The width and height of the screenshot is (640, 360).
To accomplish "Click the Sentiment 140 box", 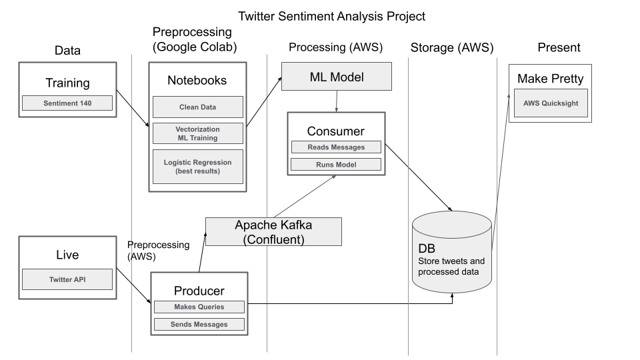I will pos(67,103).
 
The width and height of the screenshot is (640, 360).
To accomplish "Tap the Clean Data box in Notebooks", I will pos(197,107).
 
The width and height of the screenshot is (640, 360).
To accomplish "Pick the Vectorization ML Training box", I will pos(197,133).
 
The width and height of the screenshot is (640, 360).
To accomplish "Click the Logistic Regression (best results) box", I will pos(197,167).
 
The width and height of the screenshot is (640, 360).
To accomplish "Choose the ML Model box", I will pos(336,77).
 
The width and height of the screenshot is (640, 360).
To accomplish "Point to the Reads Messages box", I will pos(336,147).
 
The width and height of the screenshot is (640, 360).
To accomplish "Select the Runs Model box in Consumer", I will pos(336,165).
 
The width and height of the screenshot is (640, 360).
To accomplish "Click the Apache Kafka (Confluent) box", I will pos(273,231).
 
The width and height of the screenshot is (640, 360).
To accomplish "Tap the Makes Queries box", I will pos(199,307).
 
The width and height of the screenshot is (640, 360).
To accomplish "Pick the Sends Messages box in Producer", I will pos(199,325).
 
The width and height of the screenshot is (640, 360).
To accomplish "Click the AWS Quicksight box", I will pos(551,103).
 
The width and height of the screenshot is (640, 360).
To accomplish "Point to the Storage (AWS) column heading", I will pos(452,47).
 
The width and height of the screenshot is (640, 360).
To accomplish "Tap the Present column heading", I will pos(559,47).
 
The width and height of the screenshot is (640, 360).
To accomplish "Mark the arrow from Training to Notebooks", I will pos(132,108).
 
